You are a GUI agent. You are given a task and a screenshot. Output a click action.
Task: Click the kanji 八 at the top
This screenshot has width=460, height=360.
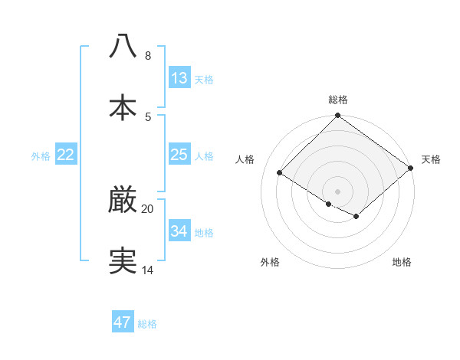(123, 45)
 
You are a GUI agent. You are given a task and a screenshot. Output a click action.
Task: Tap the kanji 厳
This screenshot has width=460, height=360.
(123, 200)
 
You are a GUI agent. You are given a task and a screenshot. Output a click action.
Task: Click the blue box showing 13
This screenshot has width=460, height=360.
(179, 77)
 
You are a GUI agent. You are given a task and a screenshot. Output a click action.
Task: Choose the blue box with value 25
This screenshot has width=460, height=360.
(179, 155)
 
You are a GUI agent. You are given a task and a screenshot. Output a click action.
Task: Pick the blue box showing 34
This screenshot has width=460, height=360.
(179, 231)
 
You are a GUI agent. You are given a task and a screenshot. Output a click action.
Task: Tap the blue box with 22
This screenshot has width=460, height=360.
(66, 155)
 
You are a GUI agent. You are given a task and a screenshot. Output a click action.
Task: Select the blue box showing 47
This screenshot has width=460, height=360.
(123, 322)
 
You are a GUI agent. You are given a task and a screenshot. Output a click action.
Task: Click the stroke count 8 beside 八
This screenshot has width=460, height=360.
(148, 56)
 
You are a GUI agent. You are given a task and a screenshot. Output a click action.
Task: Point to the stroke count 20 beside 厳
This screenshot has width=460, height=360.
(148, 209)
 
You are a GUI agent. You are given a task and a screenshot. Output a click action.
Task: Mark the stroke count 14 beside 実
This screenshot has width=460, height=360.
(148, 270)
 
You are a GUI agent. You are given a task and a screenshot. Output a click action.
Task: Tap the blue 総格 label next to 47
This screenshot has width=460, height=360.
(148, 324)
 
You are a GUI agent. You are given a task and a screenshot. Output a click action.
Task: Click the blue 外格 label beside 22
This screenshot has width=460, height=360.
(41, 156)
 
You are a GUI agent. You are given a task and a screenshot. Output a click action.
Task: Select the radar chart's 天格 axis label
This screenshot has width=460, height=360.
(431, 159)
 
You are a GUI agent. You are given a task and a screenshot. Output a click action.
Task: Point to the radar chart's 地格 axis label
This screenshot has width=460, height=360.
(402, 262)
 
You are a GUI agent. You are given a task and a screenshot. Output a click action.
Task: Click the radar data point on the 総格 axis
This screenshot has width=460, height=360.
(337, 116)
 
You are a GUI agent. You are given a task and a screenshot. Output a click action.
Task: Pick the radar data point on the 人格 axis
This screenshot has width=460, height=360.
(280, 173)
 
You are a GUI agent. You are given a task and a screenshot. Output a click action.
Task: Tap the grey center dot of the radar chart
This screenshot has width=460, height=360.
(337, 191)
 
